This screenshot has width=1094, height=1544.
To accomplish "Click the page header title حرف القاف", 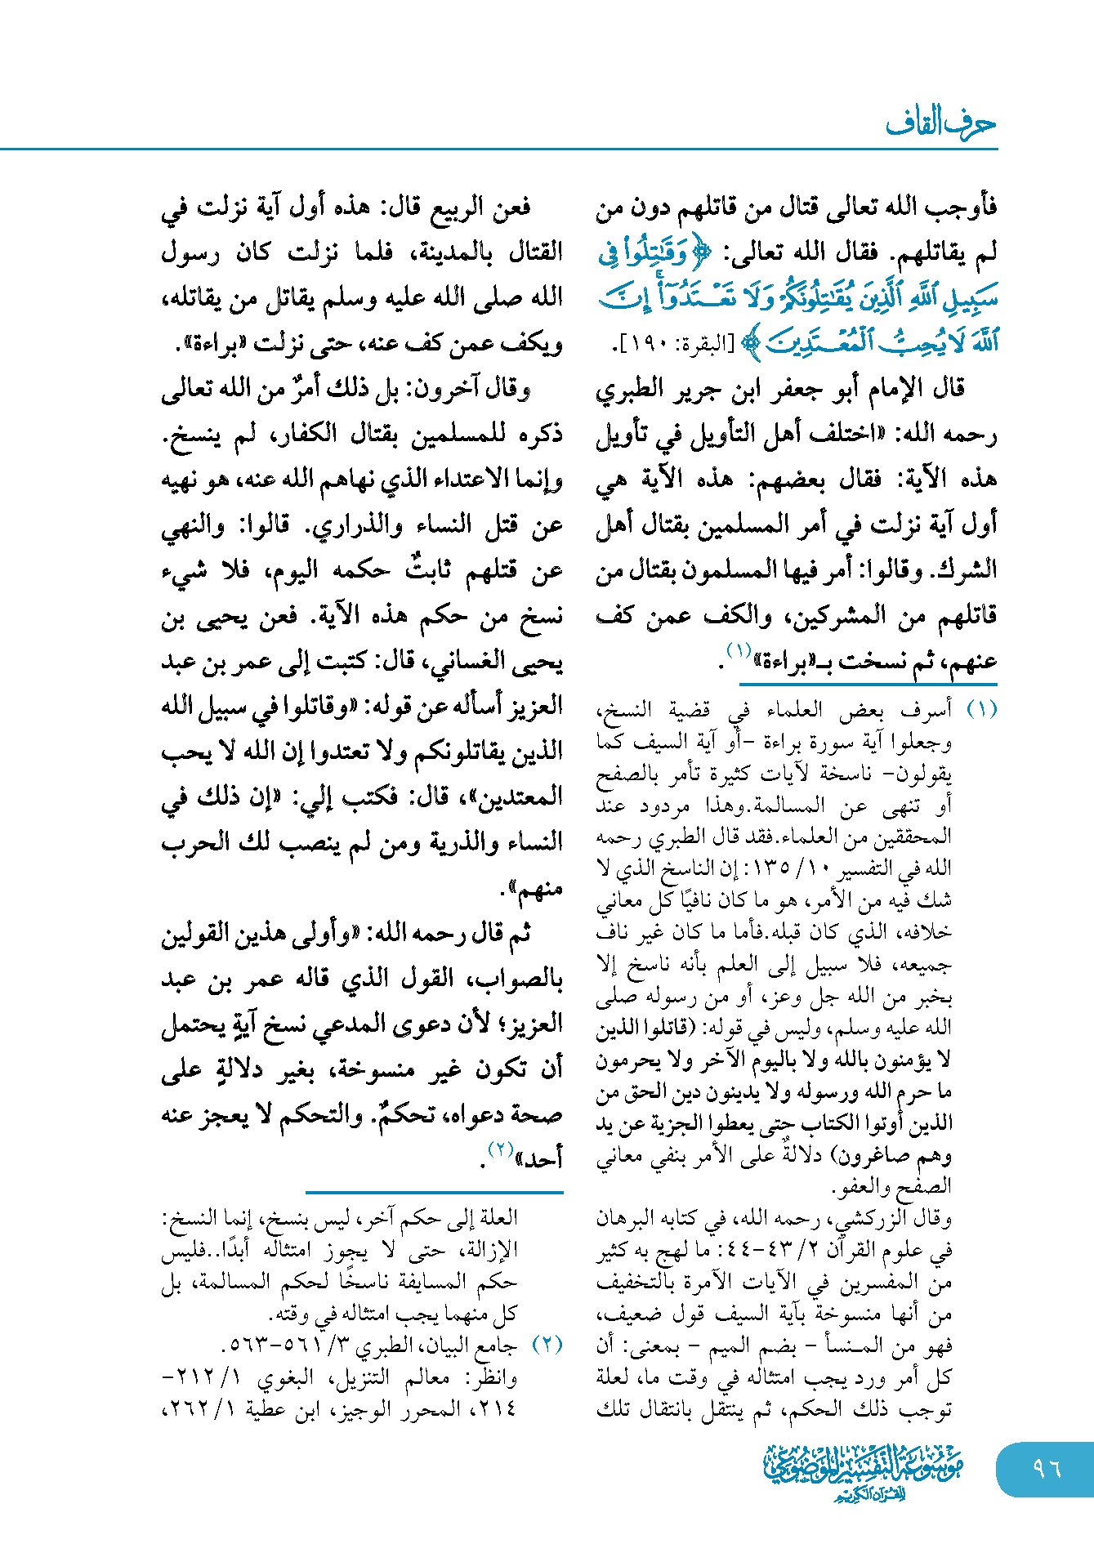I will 940,123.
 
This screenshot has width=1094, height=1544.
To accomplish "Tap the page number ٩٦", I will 1046,1468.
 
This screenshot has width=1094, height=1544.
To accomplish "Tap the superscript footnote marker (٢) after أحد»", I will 499,1149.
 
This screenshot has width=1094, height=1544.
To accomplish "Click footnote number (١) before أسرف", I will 981,710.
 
